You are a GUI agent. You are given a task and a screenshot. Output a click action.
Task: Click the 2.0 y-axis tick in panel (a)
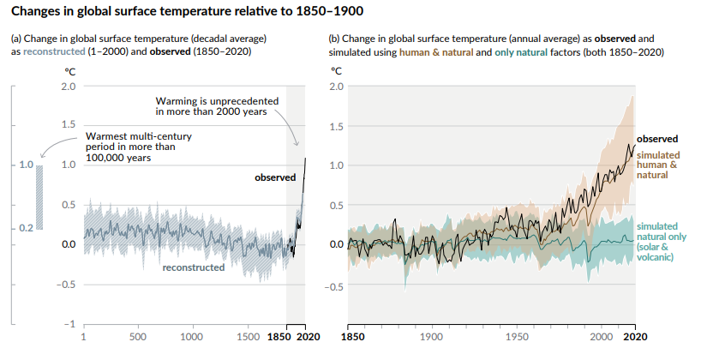(x=68, y=87)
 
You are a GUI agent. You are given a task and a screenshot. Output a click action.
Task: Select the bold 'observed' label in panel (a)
(x=274, y=177)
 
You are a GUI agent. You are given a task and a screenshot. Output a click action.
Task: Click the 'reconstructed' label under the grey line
(x=193, y=267)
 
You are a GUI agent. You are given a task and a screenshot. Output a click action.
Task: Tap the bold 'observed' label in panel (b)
(x=657, y=138)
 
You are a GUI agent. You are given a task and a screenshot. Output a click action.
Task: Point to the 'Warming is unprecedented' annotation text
(x=217, y=106)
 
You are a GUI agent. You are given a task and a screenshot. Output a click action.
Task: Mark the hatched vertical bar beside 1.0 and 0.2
(x=39, y=196)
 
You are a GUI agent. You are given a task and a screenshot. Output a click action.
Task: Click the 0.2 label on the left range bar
(x=25, y=227)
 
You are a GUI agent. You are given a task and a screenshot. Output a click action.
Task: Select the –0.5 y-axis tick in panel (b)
(x=337, y=286)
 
